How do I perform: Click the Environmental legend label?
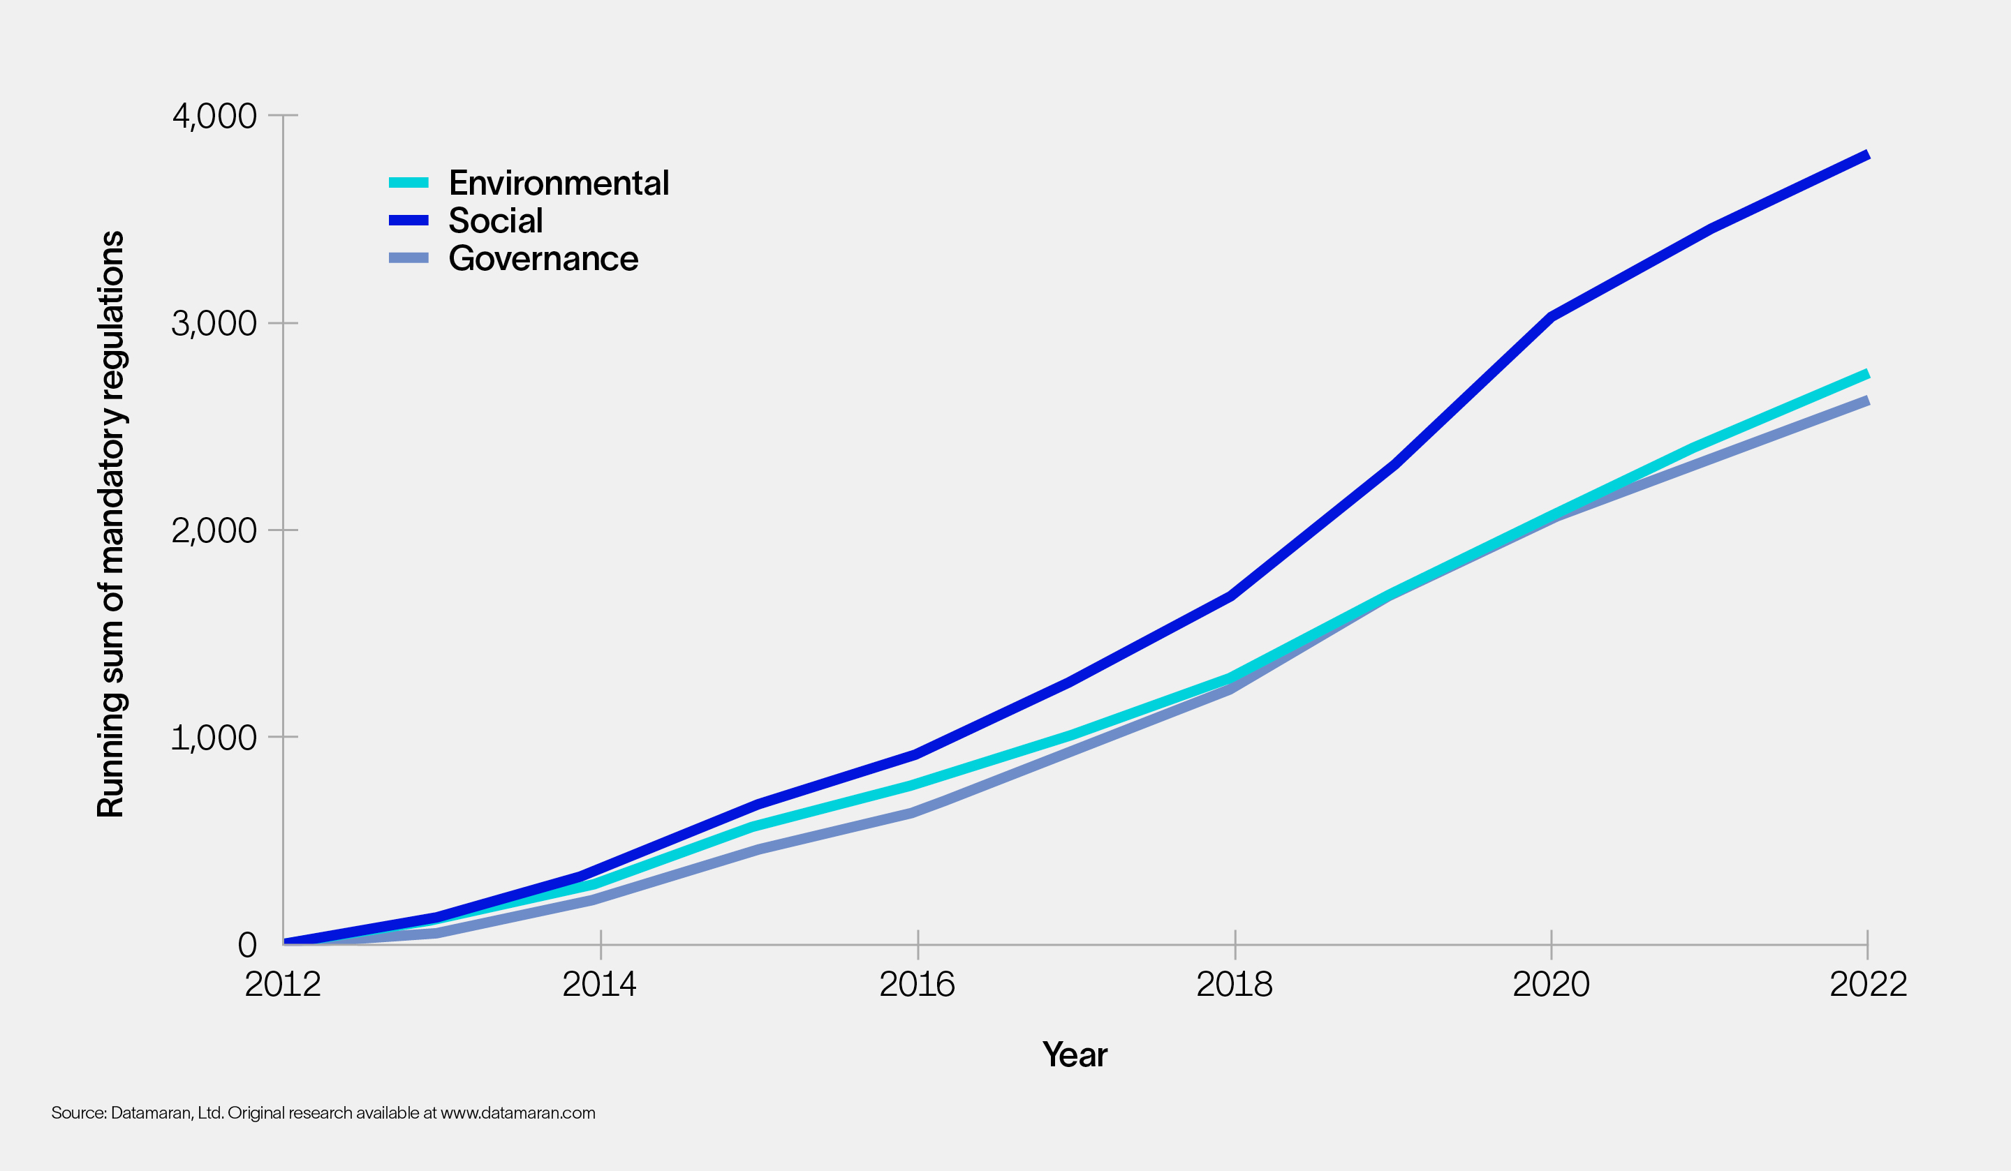pyautogui.click(x=559, y=183)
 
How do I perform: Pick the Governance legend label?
pyautogui.click(x=543, y=258)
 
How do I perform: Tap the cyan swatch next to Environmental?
pyautogui.click(x=408, y=183)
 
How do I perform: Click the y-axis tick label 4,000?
pyautogui.click(x=214, y=116)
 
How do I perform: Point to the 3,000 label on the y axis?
pyautogui.click(x=214, y=323)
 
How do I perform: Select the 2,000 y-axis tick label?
pyautogui.click(x=214, y=530)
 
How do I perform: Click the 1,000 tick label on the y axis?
pyautogui.click(x=214, y=737)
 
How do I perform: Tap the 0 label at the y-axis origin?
pyautogui.click(x=246, y=944)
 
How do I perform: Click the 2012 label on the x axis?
pyautogui.click(x=283, y=985)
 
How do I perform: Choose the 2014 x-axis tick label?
pyautogui.click(x=599, y=985)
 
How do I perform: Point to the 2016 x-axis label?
pyautogui.click(x=917, y=985)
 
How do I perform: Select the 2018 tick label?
pyautogui.click(x=1234, y=985)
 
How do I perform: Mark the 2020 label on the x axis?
pyautogui.click(x=1551, y=985)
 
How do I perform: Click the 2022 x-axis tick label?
pyautogui.click(x=1867, y=985)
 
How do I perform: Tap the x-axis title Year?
pyautogui.click(x=1074, y=1054)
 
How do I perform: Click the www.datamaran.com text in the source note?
pyautogui.click(x=518, y=1113)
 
